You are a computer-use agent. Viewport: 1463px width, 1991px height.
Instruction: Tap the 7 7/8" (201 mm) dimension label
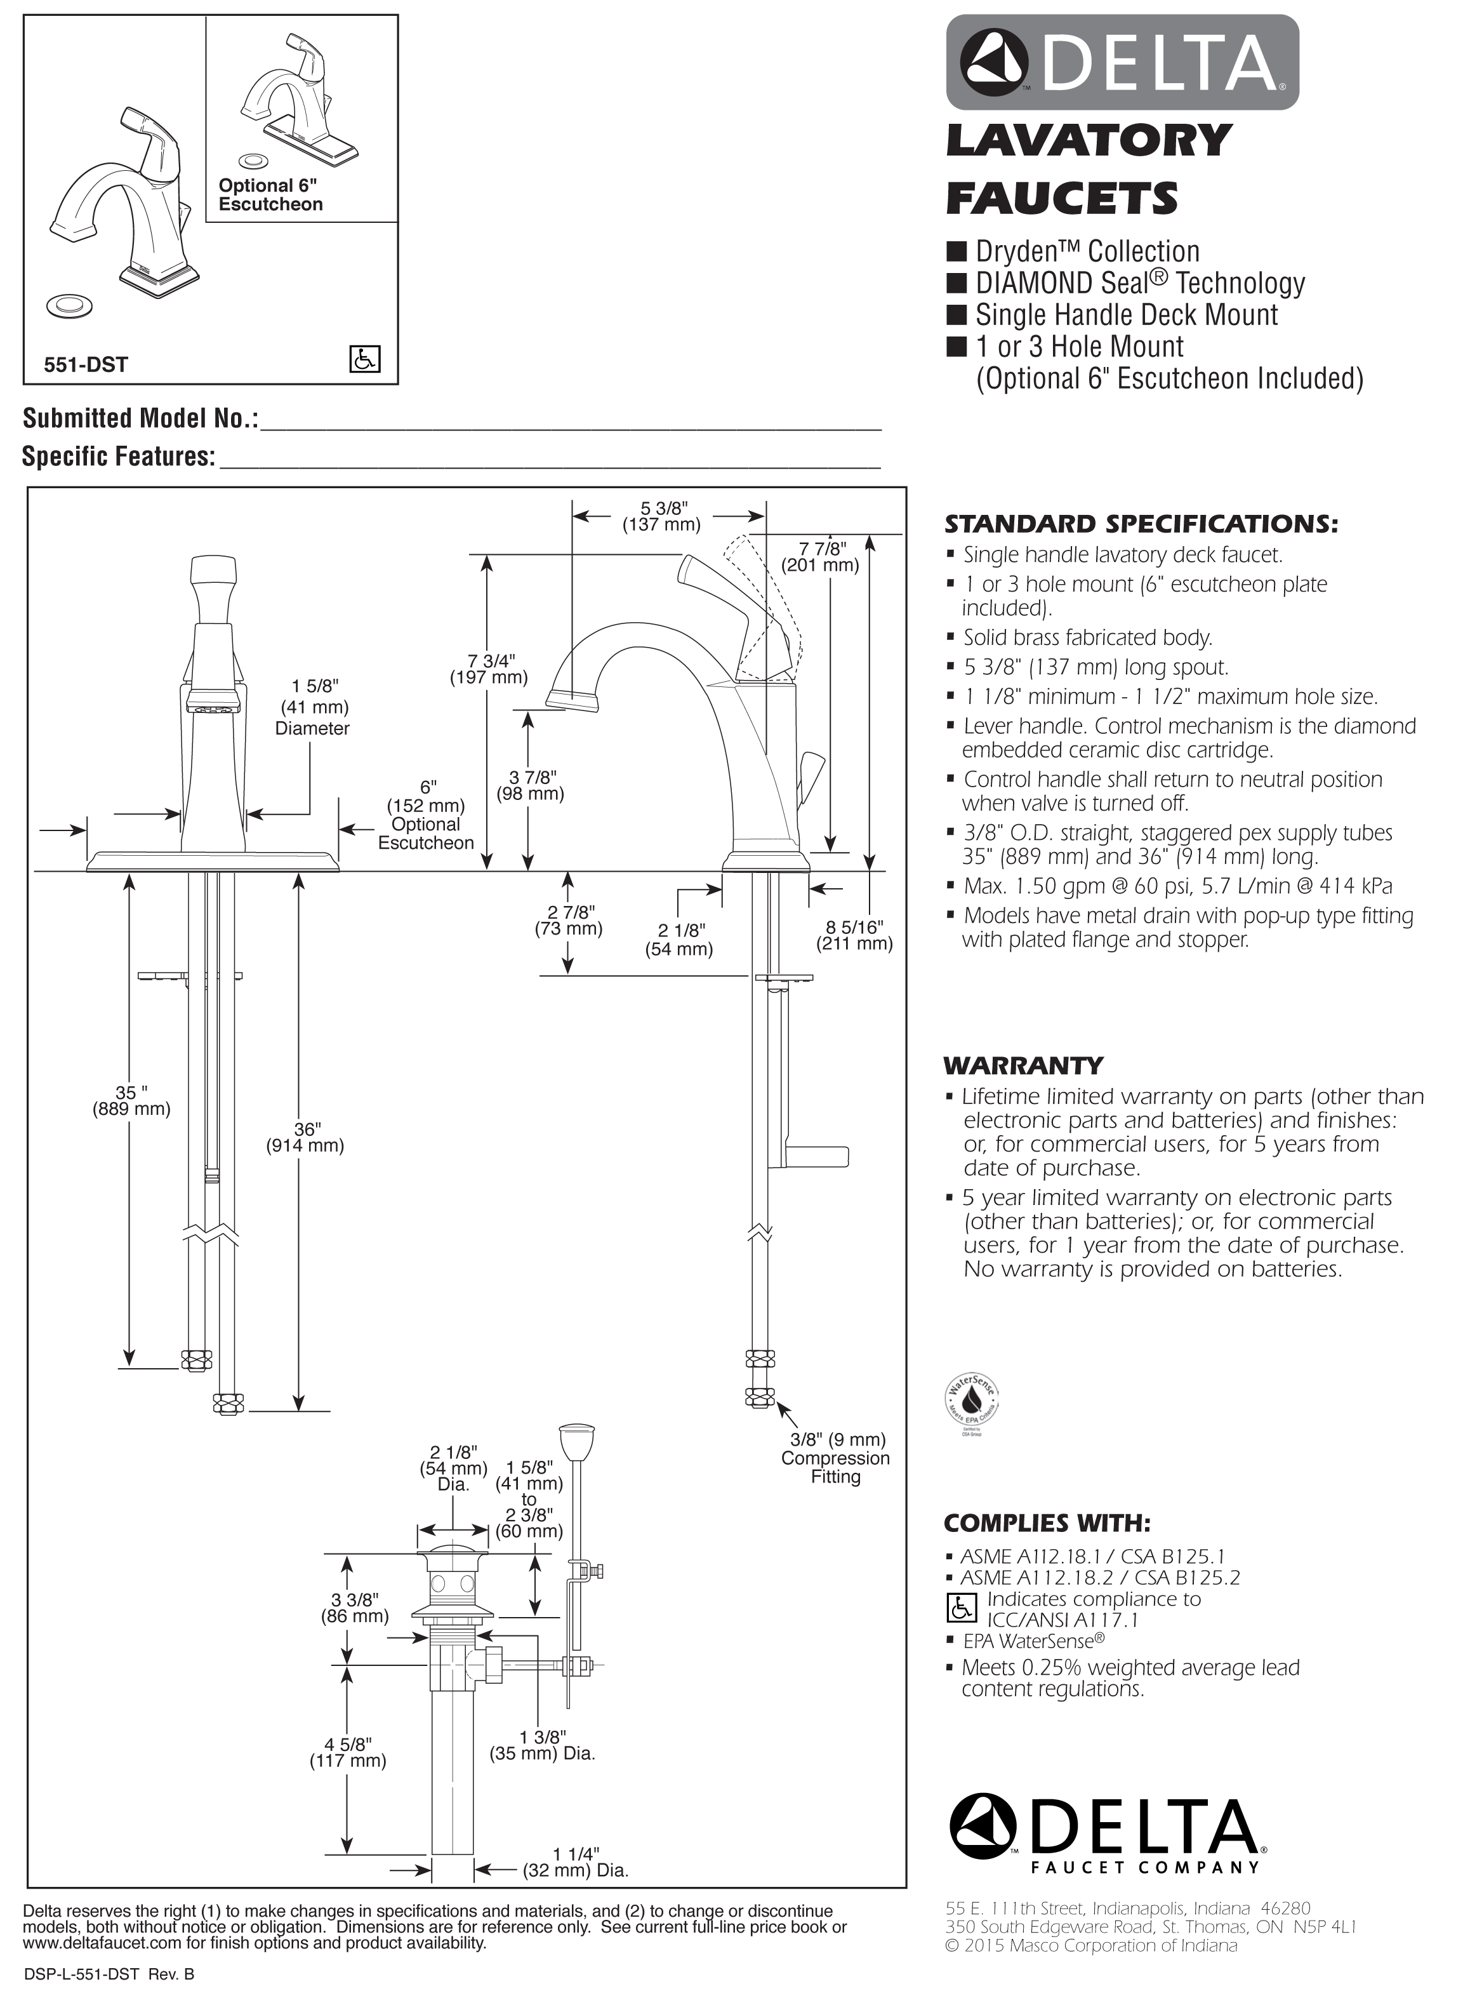click(820, 557)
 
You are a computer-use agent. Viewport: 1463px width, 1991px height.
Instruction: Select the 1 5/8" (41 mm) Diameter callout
click(313, 708)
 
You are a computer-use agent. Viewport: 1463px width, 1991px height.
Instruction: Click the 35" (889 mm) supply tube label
click(132, 1101)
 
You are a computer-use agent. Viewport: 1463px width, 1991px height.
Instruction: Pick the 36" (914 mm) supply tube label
click(305, 1137)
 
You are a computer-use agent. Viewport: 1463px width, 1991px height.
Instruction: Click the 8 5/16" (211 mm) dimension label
click(854, 935)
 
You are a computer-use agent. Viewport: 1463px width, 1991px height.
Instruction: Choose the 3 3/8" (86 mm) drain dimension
click(354, 1608)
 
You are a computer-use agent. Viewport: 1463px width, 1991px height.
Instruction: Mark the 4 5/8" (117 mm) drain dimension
click(348, 1753)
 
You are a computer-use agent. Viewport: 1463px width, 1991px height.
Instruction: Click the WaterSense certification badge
click(973, 1404)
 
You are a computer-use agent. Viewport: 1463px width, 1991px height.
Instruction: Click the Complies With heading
click(1047, 1523)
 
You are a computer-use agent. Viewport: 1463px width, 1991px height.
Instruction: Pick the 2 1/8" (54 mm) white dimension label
click(679, 940)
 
